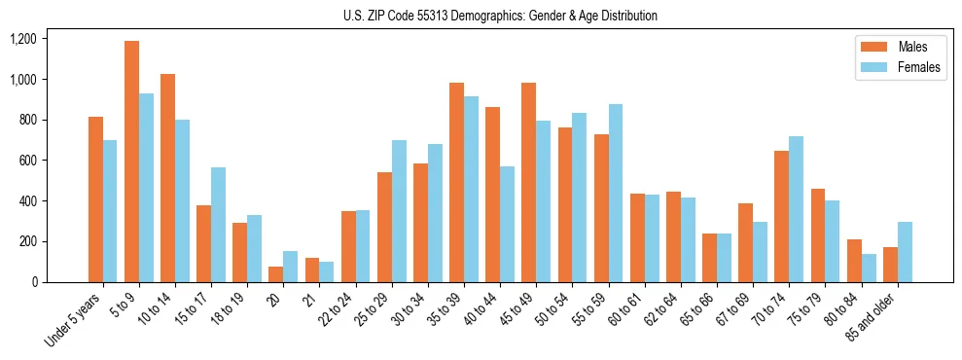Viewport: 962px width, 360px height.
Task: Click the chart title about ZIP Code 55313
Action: click(500, 16)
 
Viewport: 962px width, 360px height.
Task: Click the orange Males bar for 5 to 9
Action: click(131, 162)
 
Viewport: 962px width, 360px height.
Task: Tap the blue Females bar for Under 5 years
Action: click(111, 211)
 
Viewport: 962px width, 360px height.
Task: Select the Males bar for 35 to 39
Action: click(456, 182)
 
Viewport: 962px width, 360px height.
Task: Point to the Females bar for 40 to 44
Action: click(507, 224)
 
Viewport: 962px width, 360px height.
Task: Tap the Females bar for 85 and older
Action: click(904, 252)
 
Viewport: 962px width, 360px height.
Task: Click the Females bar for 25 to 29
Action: click(399, 211)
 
